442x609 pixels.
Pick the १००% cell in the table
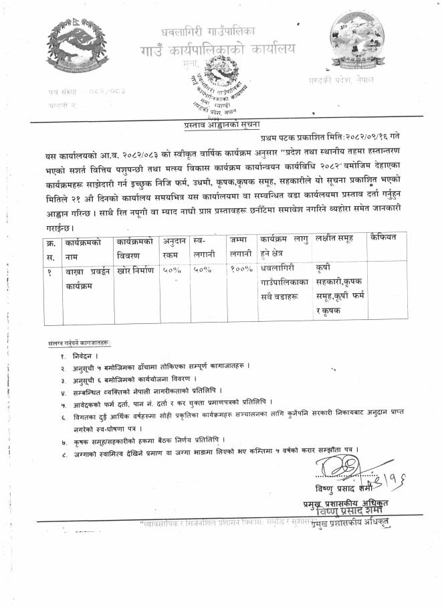click(x=240, y=269)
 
